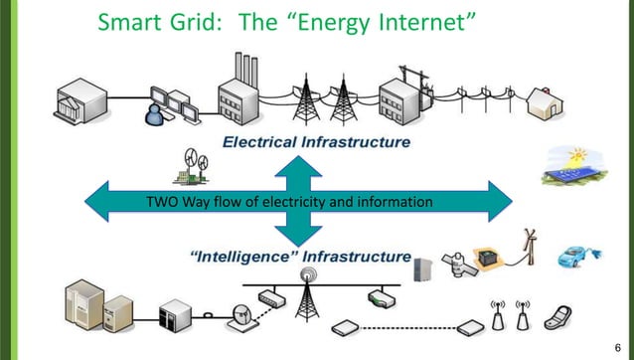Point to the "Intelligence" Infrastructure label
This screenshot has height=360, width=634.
pyautogui.click(x=299, y=257)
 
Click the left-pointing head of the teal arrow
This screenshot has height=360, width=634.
pyautogui.click(x=94, y=203)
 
